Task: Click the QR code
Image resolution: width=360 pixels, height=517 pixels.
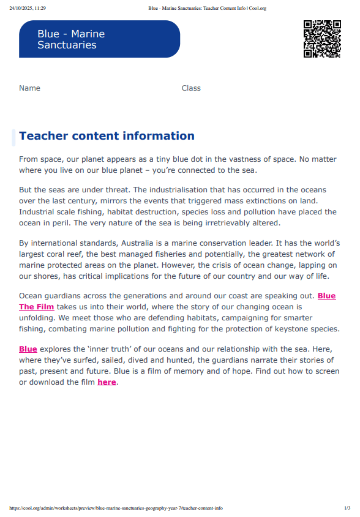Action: (x=322, y=39)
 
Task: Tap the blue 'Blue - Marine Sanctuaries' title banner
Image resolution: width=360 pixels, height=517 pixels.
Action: (x=99, y=39)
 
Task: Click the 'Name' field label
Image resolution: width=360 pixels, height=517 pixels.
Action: (x=29, y=88)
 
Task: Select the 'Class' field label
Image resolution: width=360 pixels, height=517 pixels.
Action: (x=191, y=88)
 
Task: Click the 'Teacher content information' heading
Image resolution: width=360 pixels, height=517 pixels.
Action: (x=107, y=136)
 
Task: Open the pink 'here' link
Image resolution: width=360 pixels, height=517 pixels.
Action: (x=107, y=382)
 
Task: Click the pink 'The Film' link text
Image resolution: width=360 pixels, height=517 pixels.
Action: (x=36, y=306)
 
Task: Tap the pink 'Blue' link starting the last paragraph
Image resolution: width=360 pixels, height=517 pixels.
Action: (x=28, y=349)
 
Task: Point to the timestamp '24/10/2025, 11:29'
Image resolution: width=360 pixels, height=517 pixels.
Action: (x=28, y=8)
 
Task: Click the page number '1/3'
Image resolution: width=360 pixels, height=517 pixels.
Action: (x=347, y=508)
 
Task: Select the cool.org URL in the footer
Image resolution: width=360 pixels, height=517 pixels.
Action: (x=116, y=508)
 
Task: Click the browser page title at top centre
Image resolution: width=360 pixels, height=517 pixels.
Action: (x=207, y=8)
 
